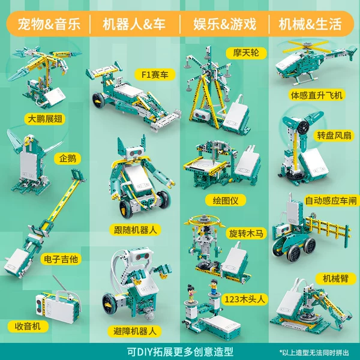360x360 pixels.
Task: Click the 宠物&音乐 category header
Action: click(49, 25)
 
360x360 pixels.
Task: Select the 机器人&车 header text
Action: click(134, 25)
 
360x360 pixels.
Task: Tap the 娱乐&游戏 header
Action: click(224, 25)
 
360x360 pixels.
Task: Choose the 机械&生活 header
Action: click(310, 25)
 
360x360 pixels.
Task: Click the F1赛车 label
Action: click(155, 74)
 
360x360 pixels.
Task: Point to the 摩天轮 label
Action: click(246, 53)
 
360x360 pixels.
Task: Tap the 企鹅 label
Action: click(67, 158)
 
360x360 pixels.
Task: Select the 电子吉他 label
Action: click(61, 259)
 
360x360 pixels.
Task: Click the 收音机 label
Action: click(28, 326)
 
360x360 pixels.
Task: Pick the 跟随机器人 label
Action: click(135, 230)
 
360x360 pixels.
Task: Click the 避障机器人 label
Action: click(135, 331)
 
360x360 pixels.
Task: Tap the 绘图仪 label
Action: click(226, 200)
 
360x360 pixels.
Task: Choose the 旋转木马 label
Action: click(246, 233)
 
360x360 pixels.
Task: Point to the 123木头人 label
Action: click(245, 299)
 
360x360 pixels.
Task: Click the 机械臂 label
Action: click(335, 278)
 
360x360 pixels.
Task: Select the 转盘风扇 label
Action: click(334, 136)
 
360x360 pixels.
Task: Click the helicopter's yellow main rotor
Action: click(306, 47)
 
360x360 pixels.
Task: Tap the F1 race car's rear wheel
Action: click(99, 100)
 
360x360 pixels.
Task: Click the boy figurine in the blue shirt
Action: click(214, 287)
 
